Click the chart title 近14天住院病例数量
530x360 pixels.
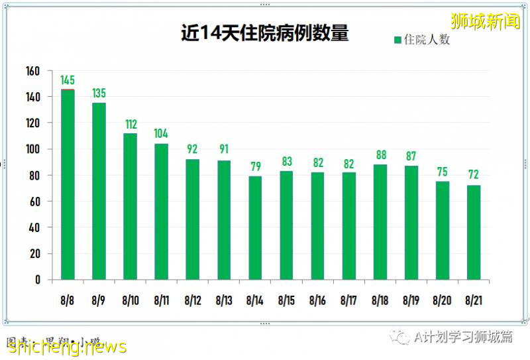264,34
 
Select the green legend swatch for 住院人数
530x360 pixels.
397,40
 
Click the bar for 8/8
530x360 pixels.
68,184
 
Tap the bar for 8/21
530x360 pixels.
474,232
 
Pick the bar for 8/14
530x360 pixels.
255,227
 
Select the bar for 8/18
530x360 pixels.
380,221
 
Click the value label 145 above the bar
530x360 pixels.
68,81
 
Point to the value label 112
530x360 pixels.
131,124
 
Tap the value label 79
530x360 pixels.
255,166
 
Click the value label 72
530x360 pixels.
474,175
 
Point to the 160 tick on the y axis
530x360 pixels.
33,71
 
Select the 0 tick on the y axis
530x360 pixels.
38,280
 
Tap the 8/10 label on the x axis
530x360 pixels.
131,301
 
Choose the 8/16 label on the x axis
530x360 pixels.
317,301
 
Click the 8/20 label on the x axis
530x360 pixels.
443,301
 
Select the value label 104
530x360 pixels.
161,134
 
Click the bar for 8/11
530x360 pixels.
161,211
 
